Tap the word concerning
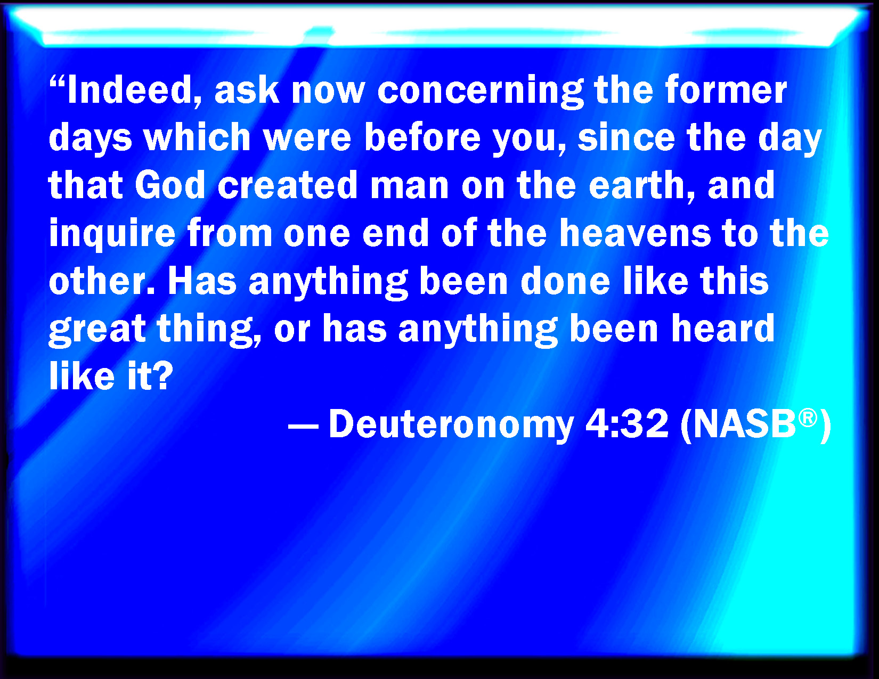tap(480, 92)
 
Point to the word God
tap(170, 185)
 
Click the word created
tap(287, 185)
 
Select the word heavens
tap(635, 233)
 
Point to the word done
tap(565, 280)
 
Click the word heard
tap(722, 328)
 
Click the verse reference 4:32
tap(626, 423)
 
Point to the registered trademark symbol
tap(808, 418)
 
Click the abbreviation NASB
tap(744, 423)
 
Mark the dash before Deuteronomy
tap(303, 427)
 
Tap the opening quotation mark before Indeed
tap(57, 83)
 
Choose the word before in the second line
tap(422, 137)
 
